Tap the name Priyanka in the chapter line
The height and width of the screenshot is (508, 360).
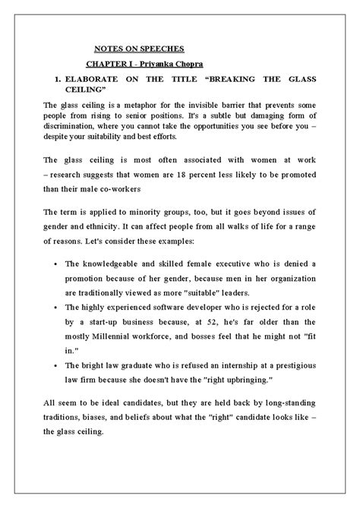(x=166, y=63)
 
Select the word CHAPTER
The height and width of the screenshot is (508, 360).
(x=107, y=63)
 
